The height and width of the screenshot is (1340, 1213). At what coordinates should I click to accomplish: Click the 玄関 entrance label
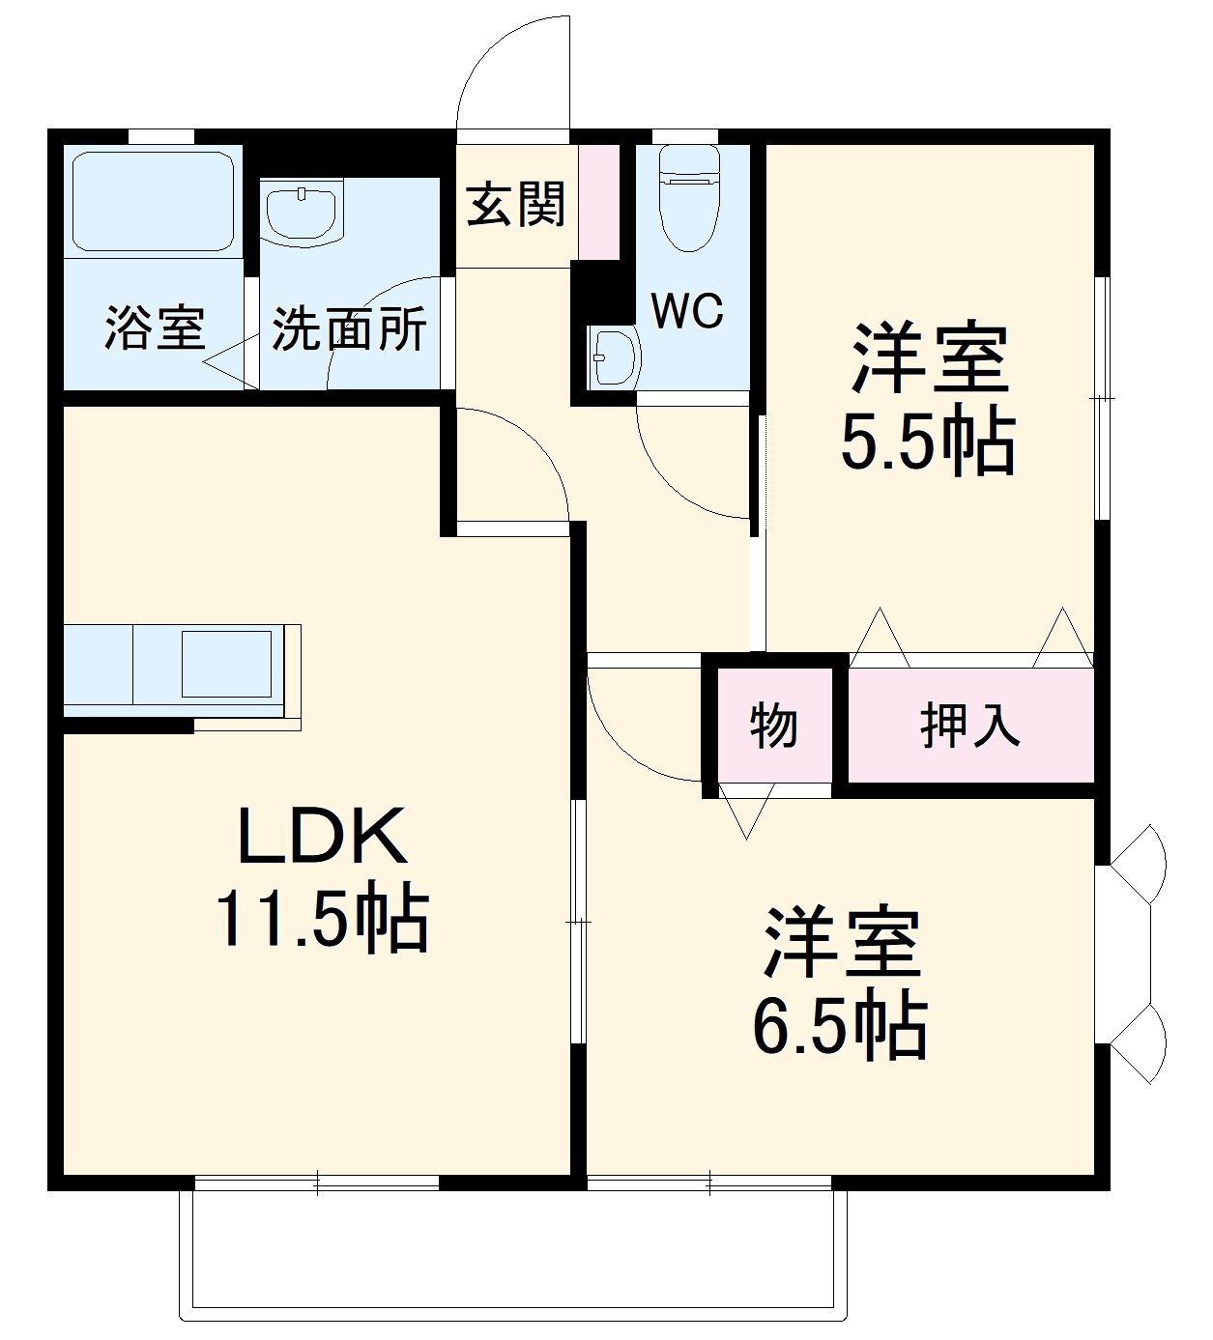point(516,205)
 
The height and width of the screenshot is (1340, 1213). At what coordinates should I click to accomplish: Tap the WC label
point(686,311)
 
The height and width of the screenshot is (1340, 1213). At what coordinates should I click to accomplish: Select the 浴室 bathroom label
point(155,328)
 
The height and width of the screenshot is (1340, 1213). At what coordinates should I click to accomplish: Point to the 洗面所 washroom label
point(348,329)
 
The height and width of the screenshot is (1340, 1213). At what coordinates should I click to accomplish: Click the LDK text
point(322,837)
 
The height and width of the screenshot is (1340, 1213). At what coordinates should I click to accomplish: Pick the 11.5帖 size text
point(322,920)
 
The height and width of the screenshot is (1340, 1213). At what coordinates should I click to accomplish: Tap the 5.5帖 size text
point(928,442)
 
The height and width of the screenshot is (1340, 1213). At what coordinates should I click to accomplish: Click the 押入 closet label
point(969,726)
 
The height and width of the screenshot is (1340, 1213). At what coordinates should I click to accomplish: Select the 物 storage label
point(773,725)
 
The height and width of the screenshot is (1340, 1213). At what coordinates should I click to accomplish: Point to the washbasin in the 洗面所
point(303,213)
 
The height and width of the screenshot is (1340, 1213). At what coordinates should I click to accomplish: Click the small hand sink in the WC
point(613,356)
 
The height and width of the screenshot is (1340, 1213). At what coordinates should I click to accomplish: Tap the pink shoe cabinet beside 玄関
point(599,201)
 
